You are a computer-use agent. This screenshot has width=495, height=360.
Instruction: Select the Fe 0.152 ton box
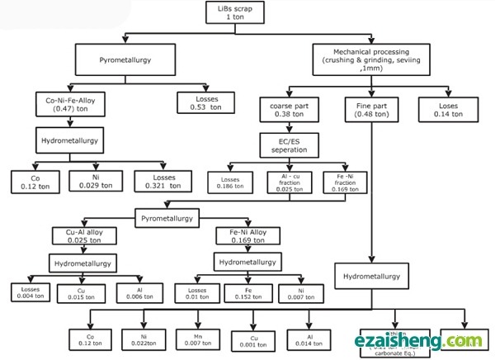coord(248,291)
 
